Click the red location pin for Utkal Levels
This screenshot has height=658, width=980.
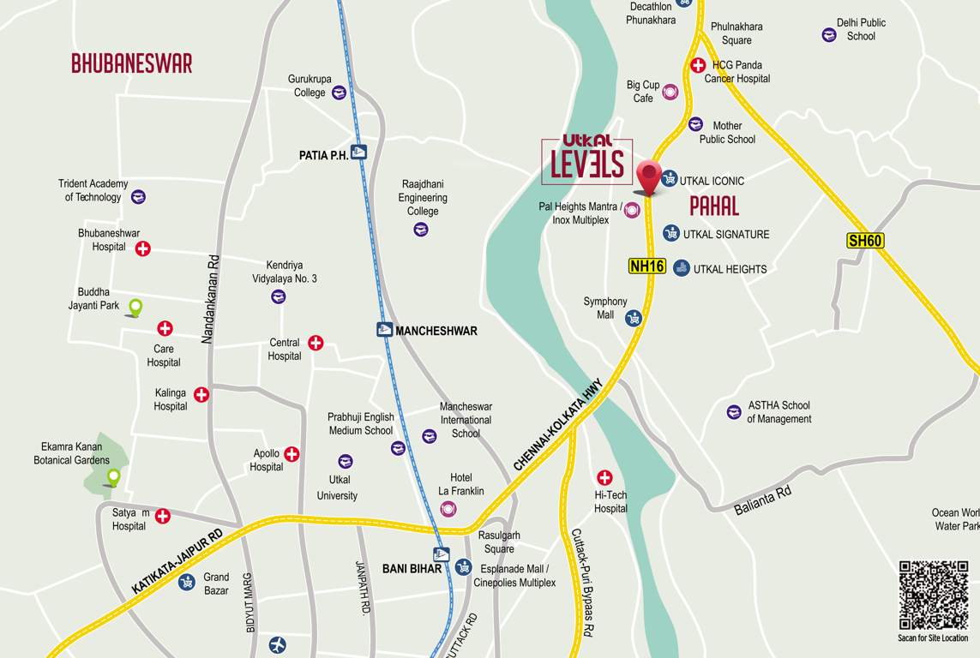(x=649, y=177)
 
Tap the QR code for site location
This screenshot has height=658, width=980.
(x=933, y=595)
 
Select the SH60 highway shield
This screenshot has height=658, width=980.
(x=864, y=241)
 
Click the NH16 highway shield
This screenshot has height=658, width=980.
(x=647, y=266)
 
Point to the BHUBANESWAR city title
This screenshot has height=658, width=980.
(x=131, y=63)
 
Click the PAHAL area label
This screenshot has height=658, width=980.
(x=713, y=206)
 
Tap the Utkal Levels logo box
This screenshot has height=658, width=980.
(x=587, y=161)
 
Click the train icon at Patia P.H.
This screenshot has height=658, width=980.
(x=358, y=153)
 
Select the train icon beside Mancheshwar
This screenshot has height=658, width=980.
(x=384, y=330)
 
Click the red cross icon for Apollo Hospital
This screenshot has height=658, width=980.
(x=292, y=454)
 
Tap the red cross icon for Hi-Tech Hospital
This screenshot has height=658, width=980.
(x=604, y=477)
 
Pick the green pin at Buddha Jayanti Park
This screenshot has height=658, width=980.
(x=135, y=307)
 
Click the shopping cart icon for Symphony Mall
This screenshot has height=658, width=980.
(x=634, y=319)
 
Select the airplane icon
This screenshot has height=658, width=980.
(x=277, y=644)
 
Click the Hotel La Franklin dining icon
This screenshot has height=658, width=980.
(x=448, y=510)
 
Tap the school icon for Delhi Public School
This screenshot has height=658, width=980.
(x=829, y=35)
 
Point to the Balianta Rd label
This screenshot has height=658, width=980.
(x=762, y=500)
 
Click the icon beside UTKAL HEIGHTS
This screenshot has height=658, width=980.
(x=681, y=268)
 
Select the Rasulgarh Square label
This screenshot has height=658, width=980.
(x=498, y=541)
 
